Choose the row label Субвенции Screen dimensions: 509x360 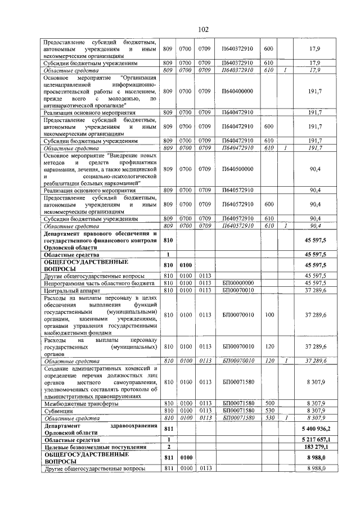coord(59,411)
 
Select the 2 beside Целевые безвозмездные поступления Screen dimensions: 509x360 coord(168,447)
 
